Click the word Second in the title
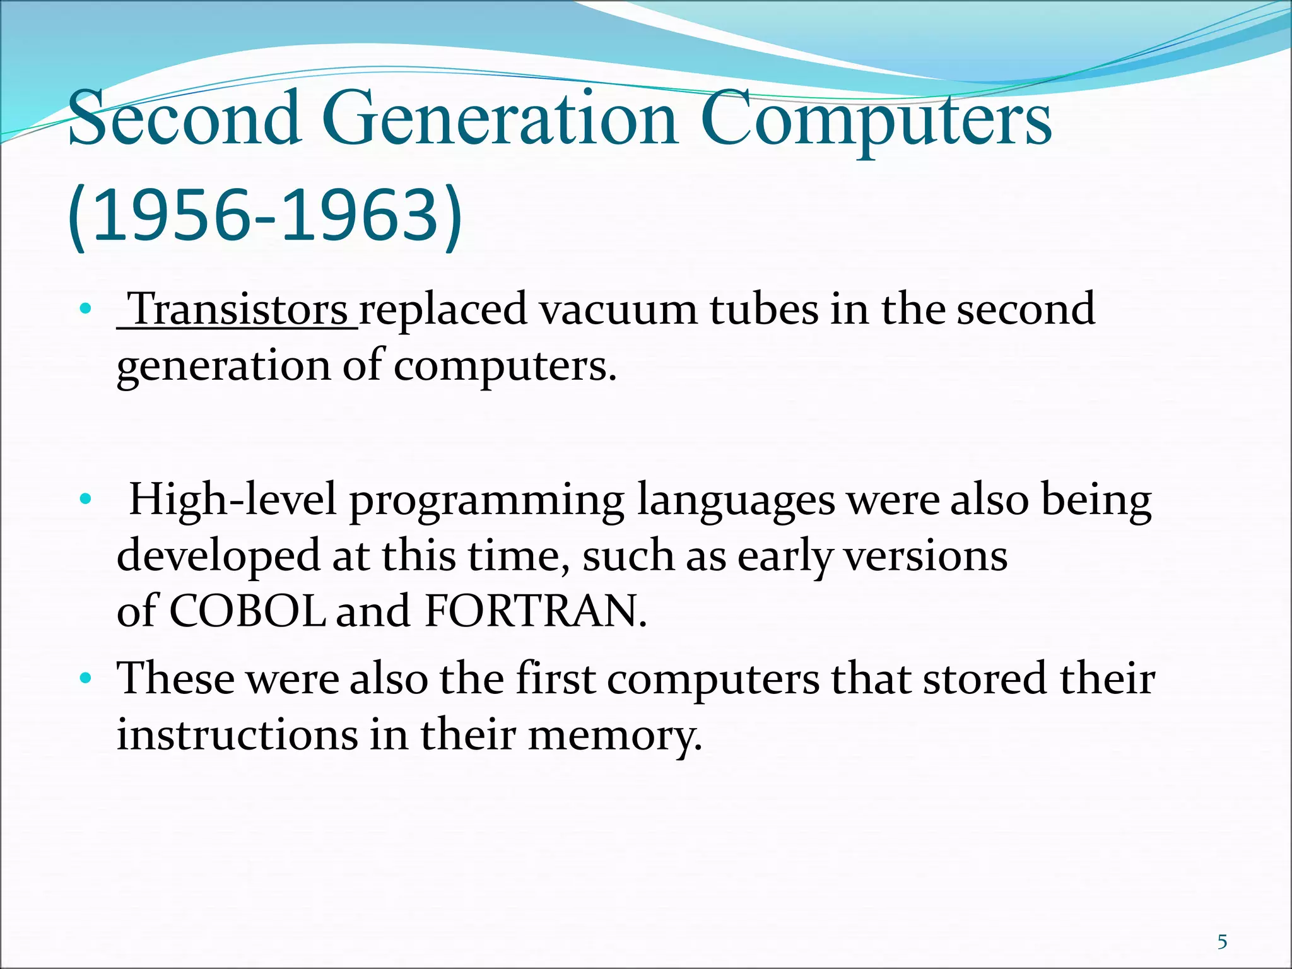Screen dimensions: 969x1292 [x=184, y=118]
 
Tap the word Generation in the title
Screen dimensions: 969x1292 [x=502, y=118]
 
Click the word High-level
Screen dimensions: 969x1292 [x=233, y=500]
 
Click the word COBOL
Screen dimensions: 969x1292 [x=247, y=611]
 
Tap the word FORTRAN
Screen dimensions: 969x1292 [x=536, y=611]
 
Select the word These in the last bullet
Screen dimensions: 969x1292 [x=176, y=679]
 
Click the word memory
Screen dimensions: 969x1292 [x=614, y=736]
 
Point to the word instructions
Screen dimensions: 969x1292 [x=237, y=734]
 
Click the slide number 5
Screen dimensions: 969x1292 [x=1222, y=943]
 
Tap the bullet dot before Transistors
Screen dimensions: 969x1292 [x=86, y=310]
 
